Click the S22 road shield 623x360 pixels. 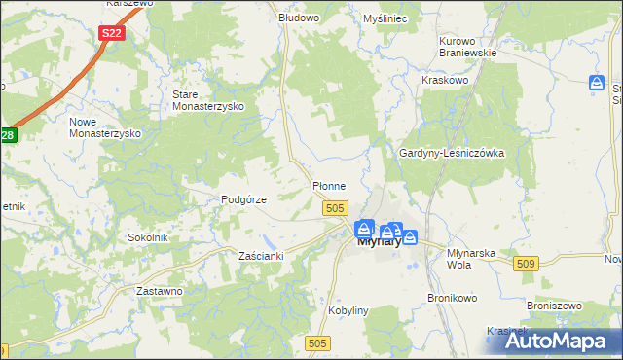[112, 33]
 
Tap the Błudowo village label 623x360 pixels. [299, 18]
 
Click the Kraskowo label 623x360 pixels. [446, 80]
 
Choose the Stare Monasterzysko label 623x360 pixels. [206, 100]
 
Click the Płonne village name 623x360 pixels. [329, 185]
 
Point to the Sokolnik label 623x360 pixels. [149, 237]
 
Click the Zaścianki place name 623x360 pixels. [261, 256]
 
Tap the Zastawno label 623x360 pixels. [160, 291]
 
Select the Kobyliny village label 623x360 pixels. [350, 310]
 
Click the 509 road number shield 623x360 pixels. [527, 264]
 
